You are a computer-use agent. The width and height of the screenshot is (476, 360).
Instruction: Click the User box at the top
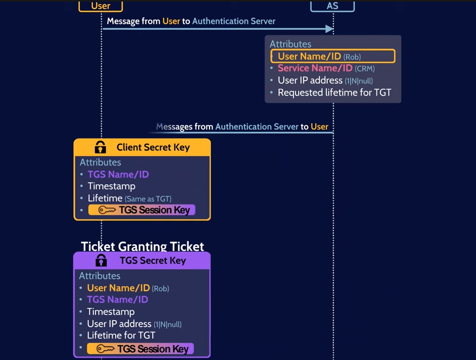click(x=101, y=6)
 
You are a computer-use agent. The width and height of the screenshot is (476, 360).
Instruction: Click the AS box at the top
click(x=332, y=6)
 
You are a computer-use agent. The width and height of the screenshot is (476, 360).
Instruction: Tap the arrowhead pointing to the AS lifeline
click(x=329, y=29)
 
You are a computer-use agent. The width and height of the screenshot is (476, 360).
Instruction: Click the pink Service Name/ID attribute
click(x=315, y=68)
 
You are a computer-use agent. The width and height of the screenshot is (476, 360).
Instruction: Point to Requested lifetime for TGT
click(x=334, y=93)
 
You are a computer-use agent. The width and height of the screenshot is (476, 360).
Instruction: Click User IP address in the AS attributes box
click(x=325, y=80)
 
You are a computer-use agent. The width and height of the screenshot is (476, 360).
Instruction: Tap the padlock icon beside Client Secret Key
click(x=100, y=147)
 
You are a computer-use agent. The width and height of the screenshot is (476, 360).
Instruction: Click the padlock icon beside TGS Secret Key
click(x=101, y=260)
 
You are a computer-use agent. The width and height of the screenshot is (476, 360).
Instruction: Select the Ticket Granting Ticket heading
click(x=143, y=246)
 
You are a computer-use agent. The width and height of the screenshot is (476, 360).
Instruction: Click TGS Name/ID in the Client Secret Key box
click(x=118, y=174)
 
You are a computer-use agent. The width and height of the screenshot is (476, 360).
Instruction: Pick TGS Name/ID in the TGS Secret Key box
click(x=117, y=299)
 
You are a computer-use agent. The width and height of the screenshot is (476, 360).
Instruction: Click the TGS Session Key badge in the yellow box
click(x=142, y=210)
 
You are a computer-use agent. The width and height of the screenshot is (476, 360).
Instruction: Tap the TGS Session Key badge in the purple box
click(x=141, y=349)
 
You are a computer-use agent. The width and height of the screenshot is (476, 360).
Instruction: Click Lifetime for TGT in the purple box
click(x=121, y=335)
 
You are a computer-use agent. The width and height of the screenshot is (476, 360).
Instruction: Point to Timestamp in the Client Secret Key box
click(x=111, y=186)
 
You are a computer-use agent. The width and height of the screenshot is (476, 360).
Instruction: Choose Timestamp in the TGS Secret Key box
click(x=110, y=312)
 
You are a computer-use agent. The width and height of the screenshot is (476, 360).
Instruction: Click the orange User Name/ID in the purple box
click(x=118, y=288)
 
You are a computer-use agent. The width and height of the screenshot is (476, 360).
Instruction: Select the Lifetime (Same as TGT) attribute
click(x=129, y=198)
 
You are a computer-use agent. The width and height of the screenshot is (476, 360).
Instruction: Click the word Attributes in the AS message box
click(x=290, y=44)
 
